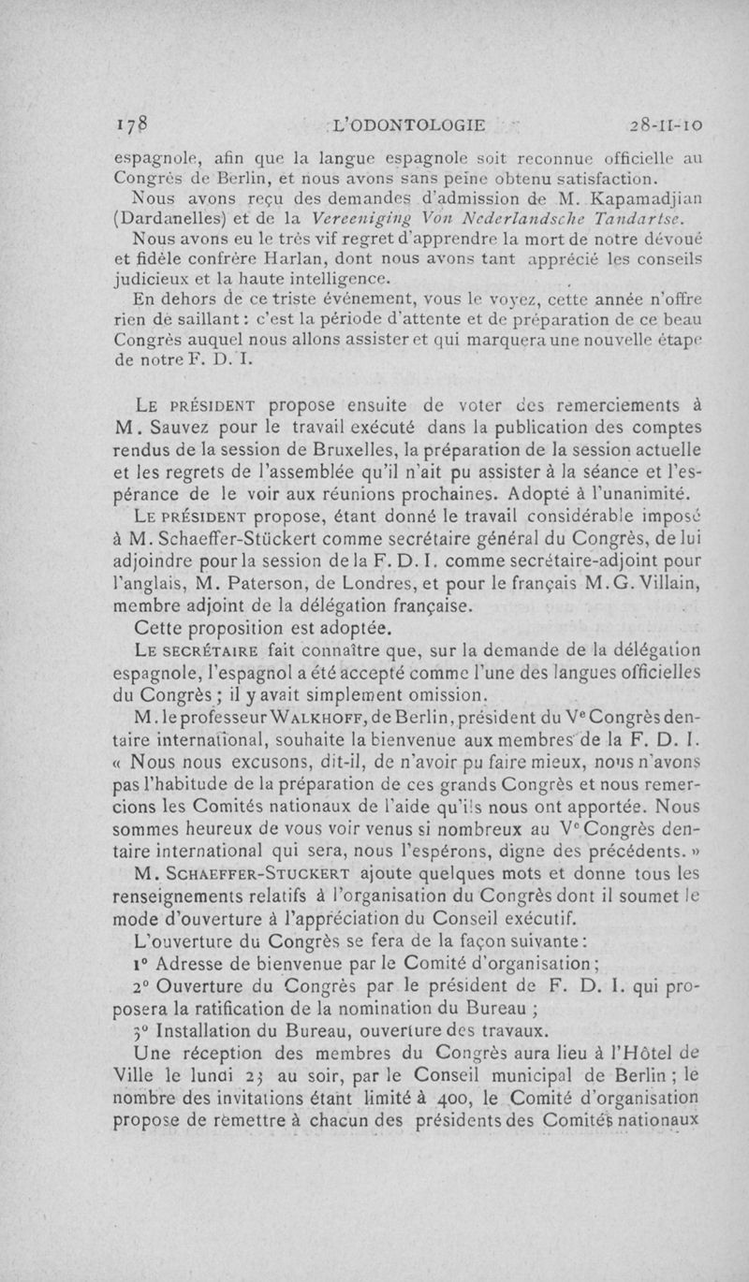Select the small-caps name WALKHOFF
pos(309,715)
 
